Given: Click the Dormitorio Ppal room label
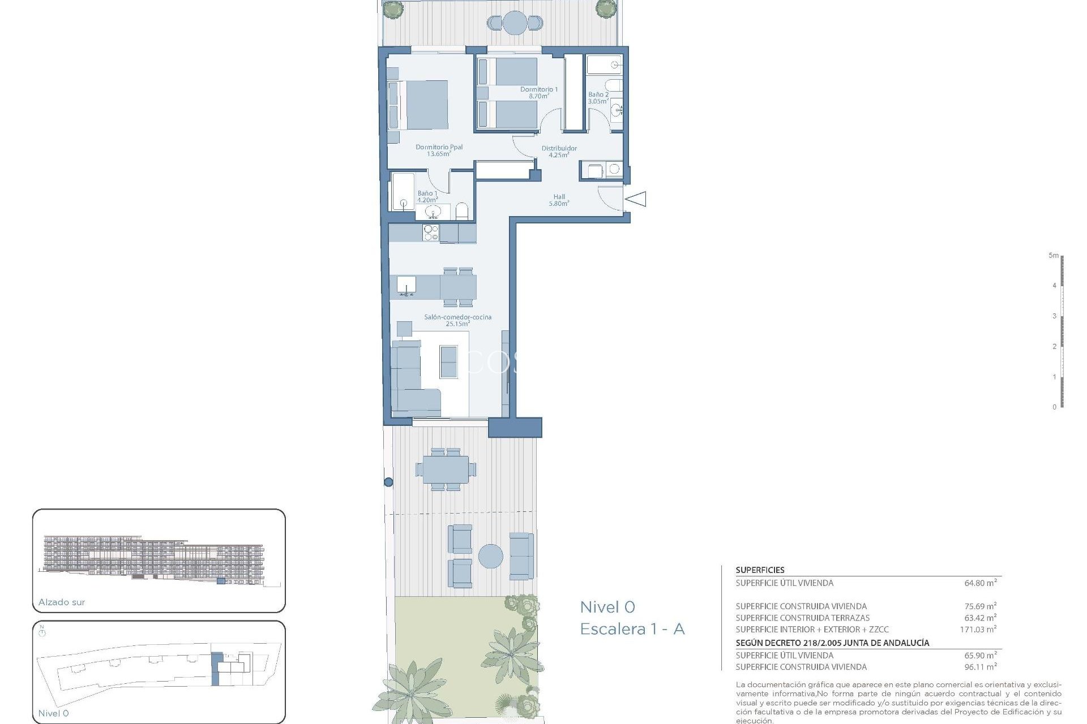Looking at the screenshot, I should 439,147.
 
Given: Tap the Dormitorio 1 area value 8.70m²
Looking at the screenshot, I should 538,97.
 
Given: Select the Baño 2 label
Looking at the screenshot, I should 598,94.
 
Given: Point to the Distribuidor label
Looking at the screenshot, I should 559,148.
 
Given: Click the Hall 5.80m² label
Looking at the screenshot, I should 559,200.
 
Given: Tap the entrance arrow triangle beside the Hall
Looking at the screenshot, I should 636,199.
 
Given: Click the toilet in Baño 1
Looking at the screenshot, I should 462,212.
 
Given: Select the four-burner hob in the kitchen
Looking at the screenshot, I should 431,232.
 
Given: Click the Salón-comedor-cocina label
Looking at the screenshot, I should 457,317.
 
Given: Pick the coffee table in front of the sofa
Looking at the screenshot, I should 448,362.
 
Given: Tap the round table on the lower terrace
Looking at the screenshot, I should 490,557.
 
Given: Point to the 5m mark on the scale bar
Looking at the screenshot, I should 1054,256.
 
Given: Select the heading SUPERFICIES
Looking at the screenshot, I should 760,570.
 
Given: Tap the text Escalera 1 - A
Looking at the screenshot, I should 632,629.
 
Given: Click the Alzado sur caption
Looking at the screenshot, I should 62,602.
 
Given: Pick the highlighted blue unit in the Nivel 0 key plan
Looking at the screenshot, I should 216,669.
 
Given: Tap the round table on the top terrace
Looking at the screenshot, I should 515,23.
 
